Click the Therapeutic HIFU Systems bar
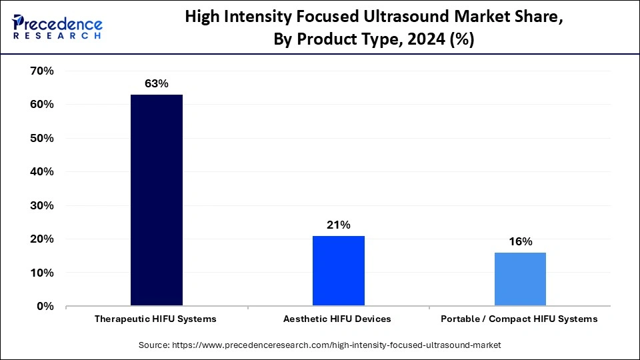point(157,200)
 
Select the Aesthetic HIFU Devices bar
point(339,271)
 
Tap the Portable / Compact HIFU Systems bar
point(519,279)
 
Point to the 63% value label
point(157,84)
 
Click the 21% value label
point(339,225)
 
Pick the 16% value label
point(519,242)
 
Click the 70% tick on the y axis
point(41,71)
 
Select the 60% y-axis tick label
point(41,105)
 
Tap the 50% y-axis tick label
point(41,138)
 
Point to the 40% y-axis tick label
point(41,172)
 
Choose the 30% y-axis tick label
point(41,205)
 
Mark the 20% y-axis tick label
point(41,239)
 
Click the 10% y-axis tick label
point(41,273)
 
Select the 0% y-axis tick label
point(44,307)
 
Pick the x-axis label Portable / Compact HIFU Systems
point(519,319)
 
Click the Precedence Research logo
point(57,27)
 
